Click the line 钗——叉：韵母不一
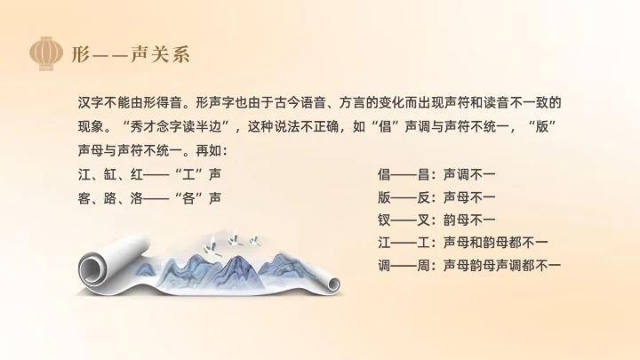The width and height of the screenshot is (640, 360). tap(436, 219)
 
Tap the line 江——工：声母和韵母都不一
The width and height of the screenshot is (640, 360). tap(463, 242)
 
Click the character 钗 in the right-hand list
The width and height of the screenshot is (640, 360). tap(384, 219)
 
